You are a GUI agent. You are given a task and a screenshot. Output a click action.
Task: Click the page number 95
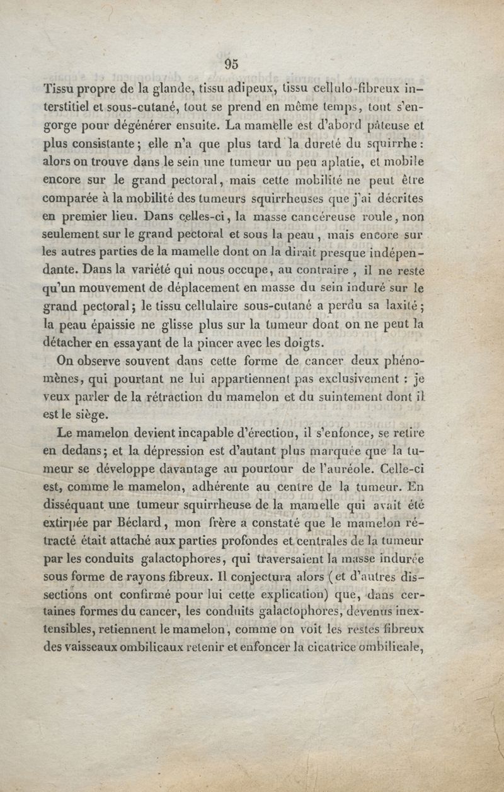point(231,63)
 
